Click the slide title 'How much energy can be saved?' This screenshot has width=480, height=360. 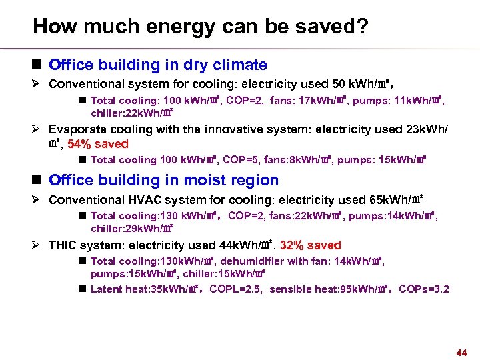click(201, 27)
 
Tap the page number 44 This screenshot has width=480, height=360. click(461, 352)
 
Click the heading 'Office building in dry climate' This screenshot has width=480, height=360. click(158, 65)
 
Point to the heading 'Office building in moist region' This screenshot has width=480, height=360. click(164, 180)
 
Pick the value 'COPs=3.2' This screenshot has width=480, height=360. click(424, 289)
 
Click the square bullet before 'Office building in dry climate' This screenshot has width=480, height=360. click(39, 65)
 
